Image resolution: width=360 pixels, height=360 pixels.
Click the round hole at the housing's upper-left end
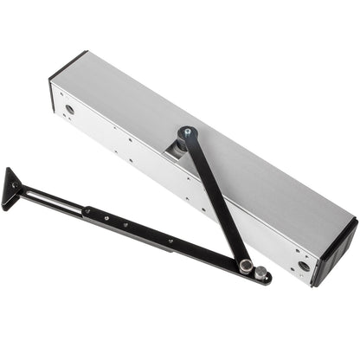[69, 109]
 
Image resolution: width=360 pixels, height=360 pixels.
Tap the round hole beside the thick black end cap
[303, 266]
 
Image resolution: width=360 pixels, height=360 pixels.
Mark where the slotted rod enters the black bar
[86, 209]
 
